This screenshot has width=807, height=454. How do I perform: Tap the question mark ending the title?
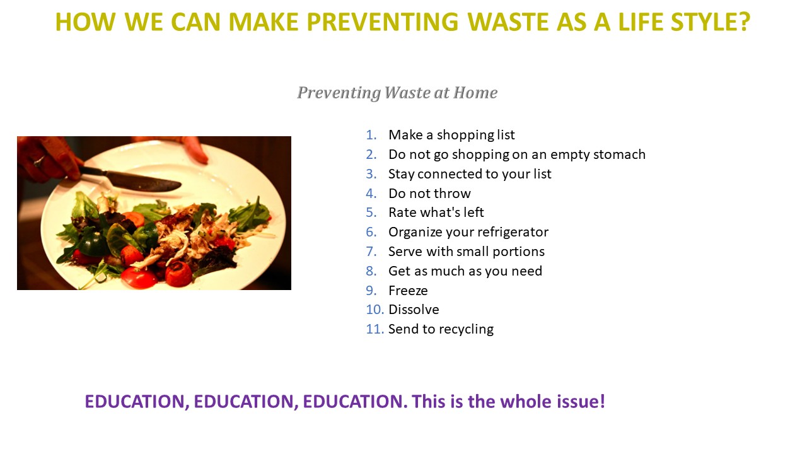tap(743, 22)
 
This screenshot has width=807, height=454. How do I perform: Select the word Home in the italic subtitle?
tap(475, 93)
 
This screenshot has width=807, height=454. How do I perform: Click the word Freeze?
tap(408, 291)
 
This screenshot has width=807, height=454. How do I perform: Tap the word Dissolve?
tap(414, 310)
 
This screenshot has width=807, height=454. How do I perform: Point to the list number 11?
tap(375, 329)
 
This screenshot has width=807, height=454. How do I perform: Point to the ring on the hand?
tap(39, 161)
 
